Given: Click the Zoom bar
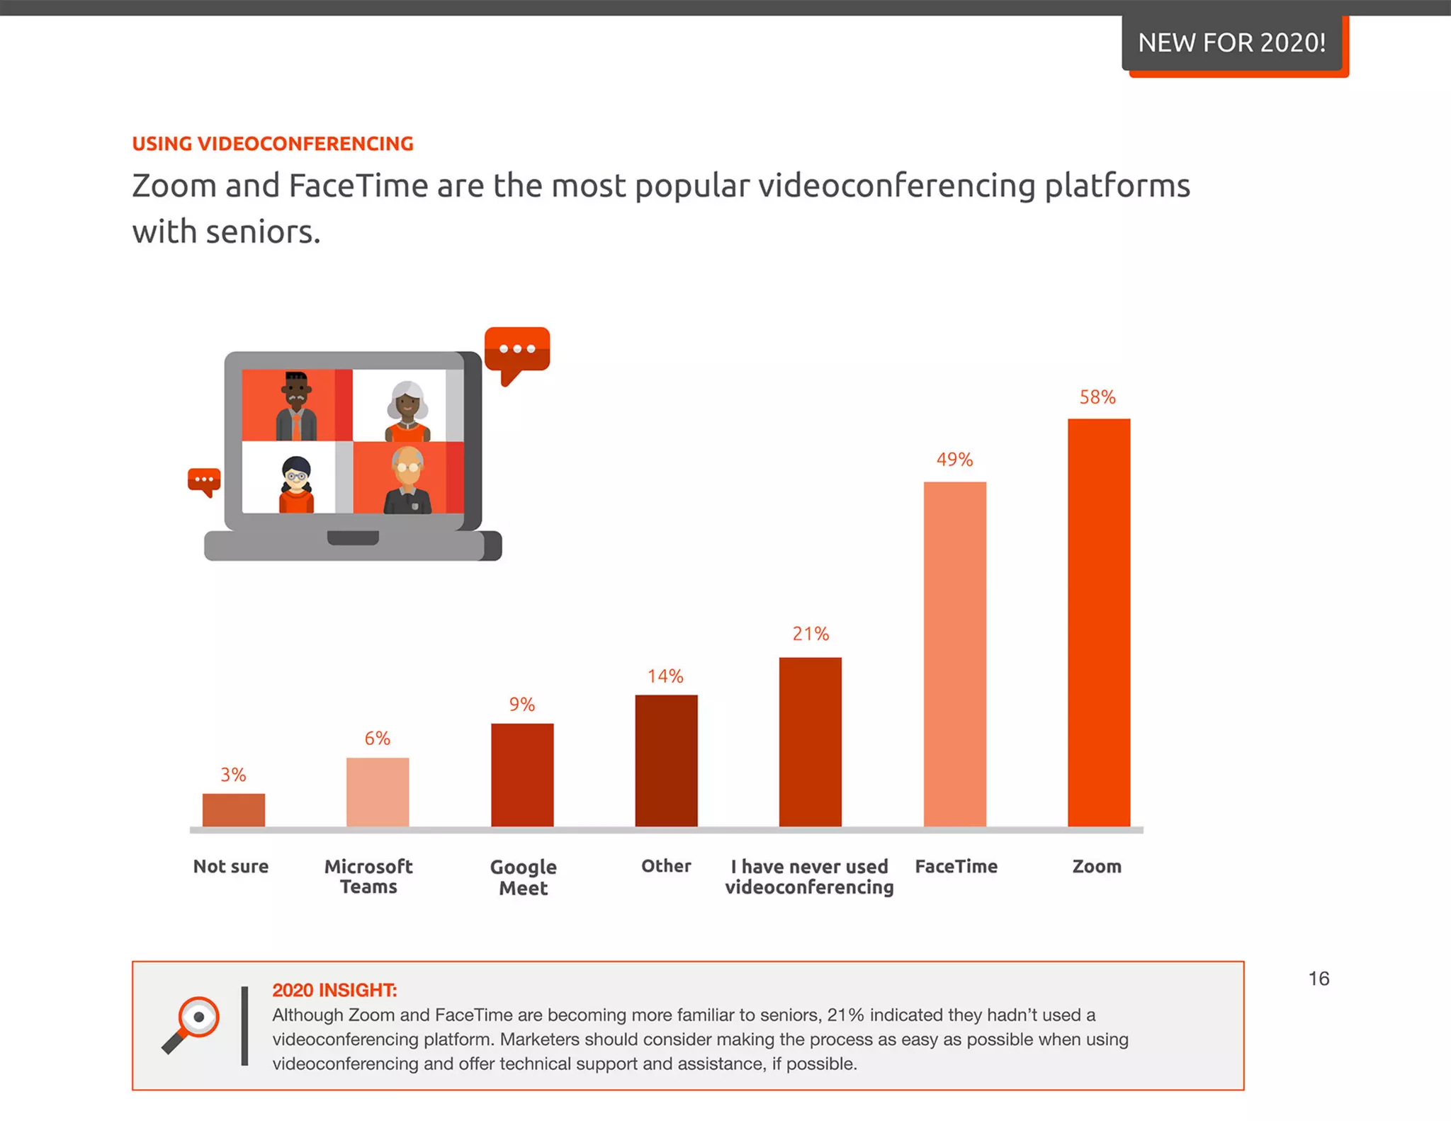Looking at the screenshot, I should (x=1098, y=623).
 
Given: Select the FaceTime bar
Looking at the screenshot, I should (x=954, y=654).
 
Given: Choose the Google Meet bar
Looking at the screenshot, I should (x=522, y=775).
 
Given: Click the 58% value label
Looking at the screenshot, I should (x=1097, y=397).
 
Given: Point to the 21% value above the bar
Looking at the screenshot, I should (x=810, y=634).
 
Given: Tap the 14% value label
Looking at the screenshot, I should (x=665, y=676).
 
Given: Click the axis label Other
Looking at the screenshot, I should (x=666, y=866).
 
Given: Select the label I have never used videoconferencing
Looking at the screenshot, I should (x=809, y=877).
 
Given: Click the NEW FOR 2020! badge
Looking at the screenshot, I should (x=1231, y=42).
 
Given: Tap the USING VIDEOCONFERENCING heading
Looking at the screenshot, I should (x=273, y=144).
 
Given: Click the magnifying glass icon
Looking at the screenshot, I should (x=191, y=1024).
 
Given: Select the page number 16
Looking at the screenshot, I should (x=1319, y=979).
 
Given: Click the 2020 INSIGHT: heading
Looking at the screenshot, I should (x=334, y=990).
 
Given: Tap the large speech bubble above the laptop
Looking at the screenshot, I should (x=517, y=351).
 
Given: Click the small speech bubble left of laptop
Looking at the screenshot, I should (x=204, y=481).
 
